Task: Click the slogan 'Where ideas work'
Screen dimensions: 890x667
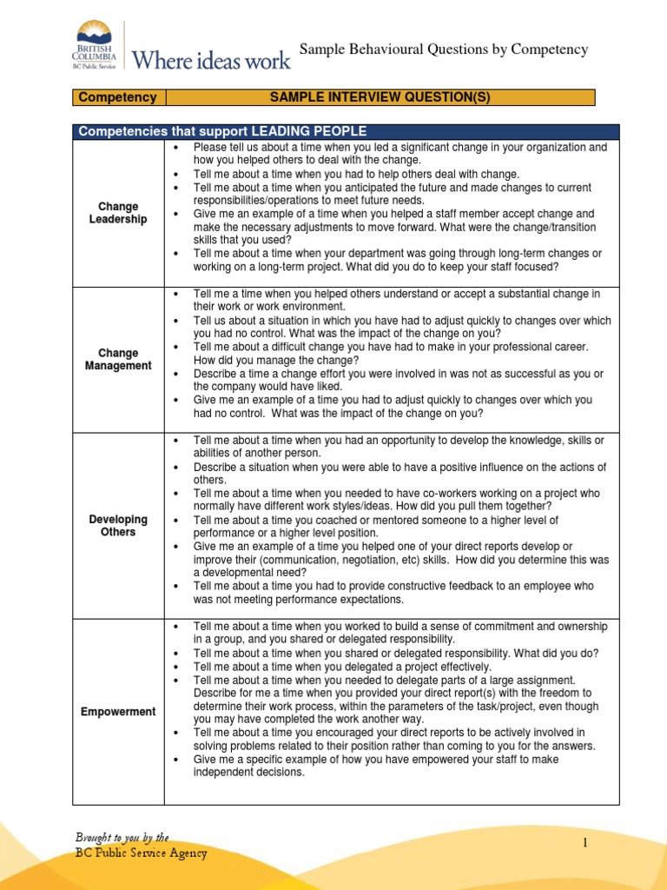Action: pos(210,59)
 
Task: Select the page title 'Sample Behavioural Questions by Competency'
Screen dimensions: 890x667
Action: pos(443,50)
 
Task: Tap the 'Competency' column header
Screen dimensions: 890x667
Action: pos(118,97)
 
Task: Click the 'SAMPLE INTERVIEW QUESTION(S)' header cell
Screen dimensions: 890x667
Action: pos(380,97)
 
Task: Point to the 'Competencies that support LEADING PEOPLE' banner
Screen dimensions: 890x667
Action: pos(222,131)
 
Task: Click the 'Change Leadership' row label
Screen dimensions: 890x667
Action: pos(118,213)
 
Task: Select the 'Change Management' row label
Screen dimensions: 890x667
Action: pos(118,359)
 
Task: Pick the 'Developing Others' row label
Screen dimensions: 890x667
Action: pos(118,525)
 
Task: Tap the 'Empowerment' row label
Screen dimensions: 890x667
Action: pos(118,712)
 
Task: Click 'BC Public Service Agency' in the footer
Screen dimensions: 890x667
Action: pos(141,853)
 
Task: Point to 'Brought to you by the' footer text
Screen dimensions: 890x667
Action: pos(122,837)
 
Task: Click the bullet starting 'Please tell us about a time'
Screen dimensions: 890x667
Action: pos(400,154)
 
